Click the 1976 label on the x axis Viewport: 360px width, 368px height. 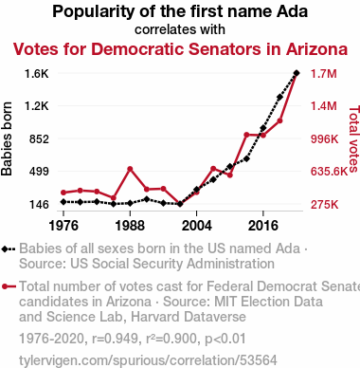tap(63, 226)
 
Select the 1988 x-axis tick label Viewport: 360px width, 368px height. tap(130, 226)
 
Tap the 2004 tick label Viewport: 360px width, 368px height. tap(196, 226)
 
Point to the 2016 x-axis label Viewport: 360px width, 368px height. tap(263, 226)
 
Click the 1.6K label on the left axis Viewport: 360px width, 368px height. tap(37, 74)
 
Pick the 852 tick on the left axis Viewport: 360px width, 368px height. tap(39, 138)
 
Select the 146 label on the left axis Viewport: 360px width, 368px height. tap(39, 205)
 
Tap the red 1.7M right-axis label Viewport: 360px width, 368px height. tap(324, 74)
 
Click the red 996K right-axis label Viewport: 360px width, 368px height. tap(325, 138)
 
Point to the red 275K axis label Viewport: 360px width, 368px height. tap(325, 205)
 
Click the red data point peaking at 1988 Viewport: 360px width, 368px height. tap(130, 169)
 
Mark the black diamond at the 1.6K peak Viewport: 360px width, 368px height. tap(297, 73)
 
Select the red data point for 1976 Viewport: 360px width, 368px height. tap(63, 193)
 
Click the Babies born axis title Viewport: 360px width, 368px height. tap(7, 138)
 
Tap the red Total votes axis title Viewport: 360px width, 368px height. tap(353, 138)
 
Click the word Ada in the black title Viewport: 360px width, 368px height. tap(292, 11)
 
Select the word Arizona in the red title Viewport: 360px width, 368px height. tap(316, 49)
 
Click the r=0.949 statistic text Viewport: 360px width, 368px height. tap(115, 339)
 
